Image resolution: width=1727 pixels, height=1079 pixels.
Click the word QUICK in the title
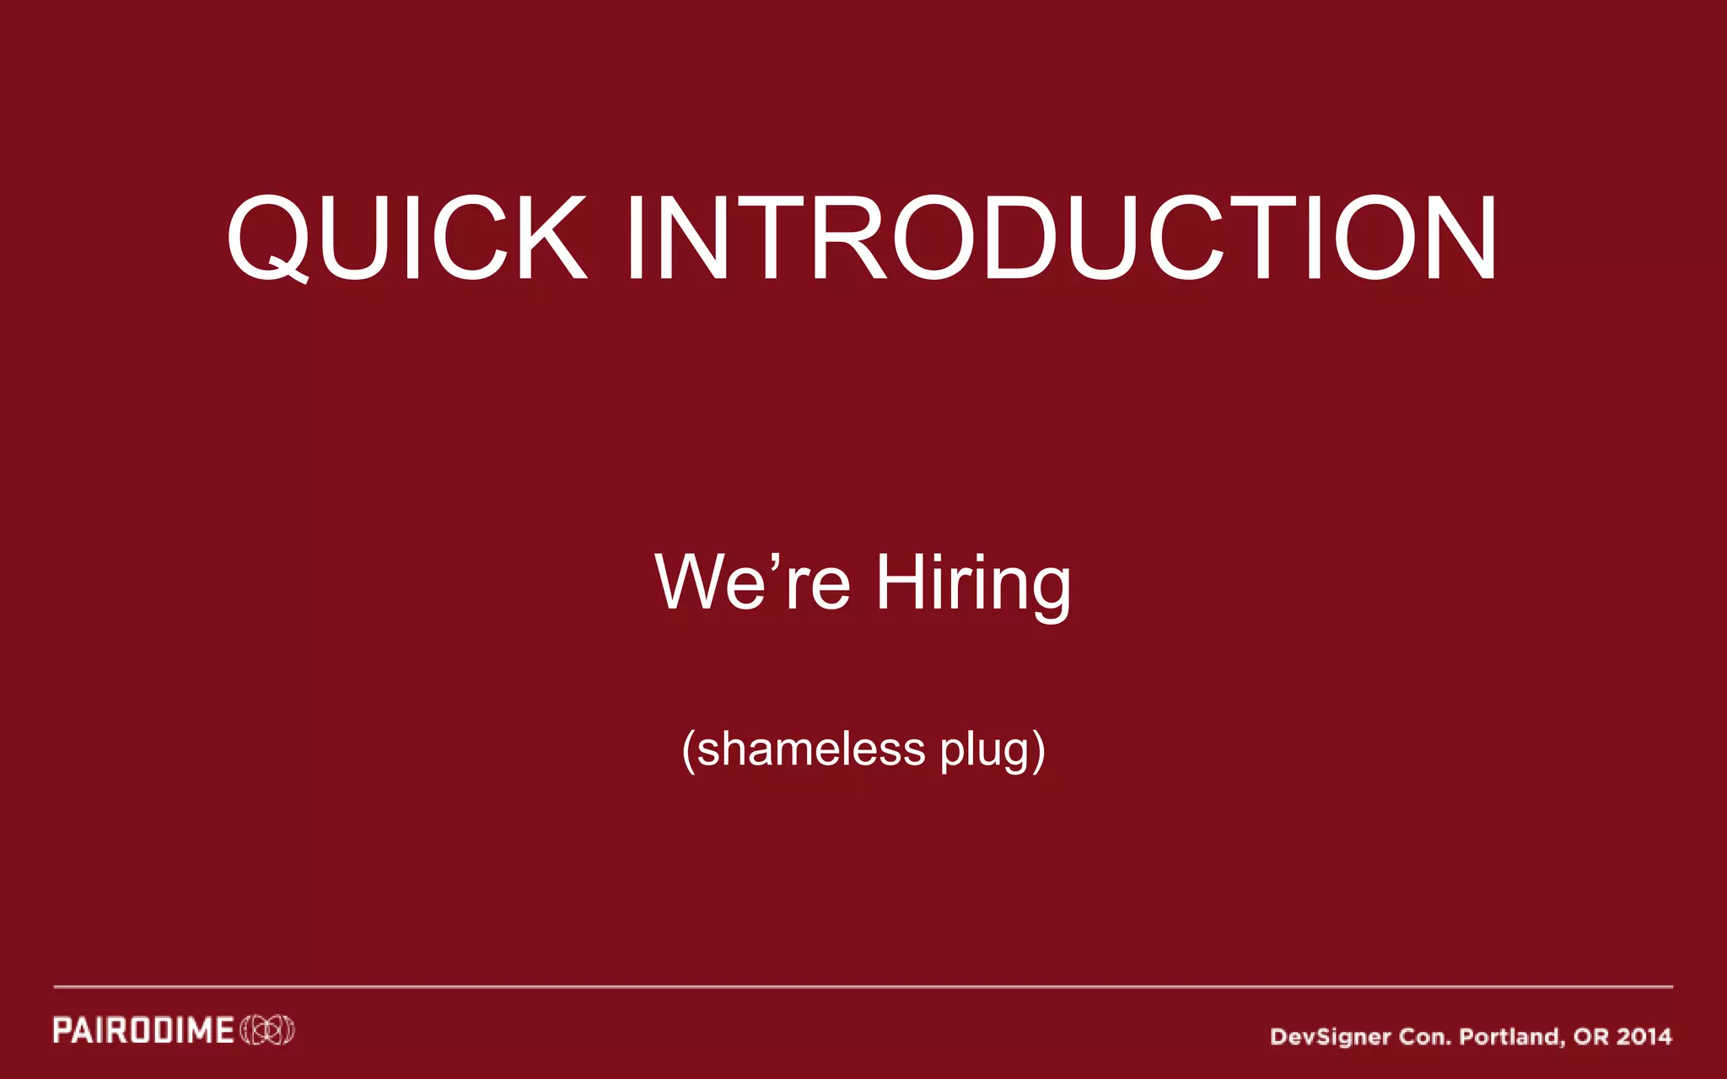(x=406, y=238)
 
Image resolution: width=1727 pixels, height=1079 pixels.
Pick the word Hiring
(x=973, y=583)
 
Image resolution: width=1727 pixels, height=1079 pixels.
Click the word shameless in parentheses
(x=811, y=749)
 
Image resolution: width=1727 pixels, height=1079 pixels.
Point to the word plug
(x=985, y=750)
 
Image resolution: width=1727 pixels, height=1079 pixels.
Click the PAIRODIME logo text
(x=143, y=1031)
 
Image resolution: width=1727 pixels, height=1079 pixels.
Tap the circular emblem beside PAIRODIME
(x=267, y=1031)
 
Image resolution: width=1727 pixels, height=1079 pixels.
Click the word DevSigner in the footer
(x=1330, y=1037)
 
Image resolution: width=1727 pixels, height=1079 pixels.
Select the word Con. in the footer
(x=1424, y=1037)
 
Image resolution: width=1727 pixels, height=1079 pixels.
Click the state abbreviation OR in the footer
(x=1590, y=1036)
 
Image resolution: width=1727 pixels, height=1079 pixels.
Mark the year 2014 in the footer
(x=1644, y=1036)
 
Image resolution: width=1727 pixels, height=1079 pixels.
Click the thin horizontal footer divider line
(x=863, y=986)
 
